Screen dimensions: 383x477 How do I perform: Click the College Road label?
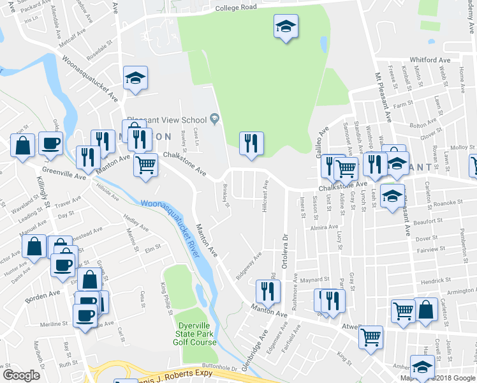[x=235, y=8]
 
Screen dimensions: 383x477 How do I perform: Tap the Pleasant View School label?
[x=166, y=119]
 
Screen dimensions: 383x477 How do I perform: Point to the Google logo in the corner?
[x=21, y=375]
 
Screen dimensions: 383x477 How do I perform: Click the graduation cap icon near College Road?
[x=286, y=26]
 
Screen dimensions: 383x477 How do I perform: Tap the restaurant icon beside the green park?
[x=251, y=143]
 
